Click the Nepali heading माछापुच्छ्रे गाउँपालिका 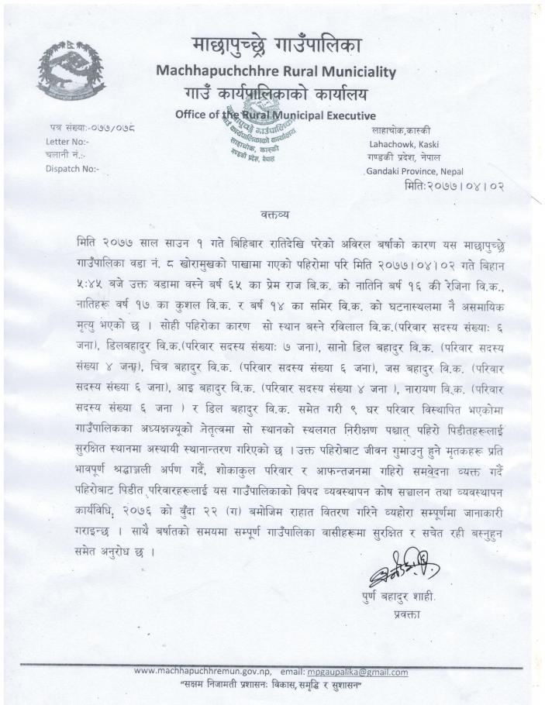pyautogui.click(x=274, y=46)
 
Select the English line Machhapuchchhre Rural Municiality pyautogui.click(x=276, y=72)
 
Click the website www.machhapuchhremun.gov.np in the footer pyautogui.click(x=202, y=672)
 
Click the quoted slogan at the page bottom pyautogui.click(x=272, y=686)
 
